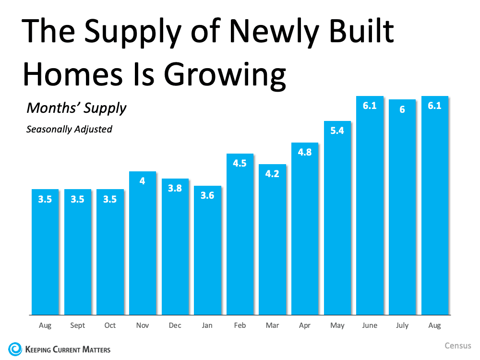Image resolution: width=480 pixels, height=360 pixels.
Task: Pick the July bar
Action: pyautogui.click(x=402, y=206)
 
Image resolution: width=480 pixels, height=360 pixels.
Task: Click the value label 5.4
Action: pyautogui.click(x=337, y=130)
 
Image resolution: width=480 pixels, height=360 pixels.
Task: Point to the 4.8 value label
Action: pyautogui.click(x=305, y=152)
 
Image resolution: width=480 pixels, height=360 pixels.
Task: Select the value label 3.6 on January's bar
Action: pyautogui.click(x=207, y=195)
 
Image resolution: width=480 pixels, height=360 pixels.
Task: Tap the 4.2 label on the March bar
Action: pyautogui.click(x=272, y=174)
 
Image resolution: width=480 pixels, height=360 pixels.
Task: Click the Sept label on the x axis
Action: pyautogui.click(x=77, y=325)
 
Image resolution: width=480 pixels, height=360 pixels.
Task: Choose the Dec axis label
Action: pyautogui.click(x=175, y=325)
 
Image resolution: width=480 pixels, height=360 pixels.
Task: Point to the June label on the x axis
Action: pyautogui.click(x=370, y=325)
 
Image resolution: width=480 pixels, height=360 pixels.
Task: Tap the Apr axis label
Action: pyautogui.click(x=305, y=325)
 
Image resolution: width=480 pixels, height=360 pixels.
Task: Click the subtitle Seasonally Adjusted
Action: pyautogui.click(x=69, y=129)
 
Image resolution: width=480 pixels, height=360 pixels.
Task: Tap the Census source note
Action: pyautogui.click(x=458, y=346)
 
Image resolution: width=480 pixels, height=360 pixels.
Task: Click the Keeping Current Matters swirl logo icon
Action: pyautogui.click(x=15, y=348)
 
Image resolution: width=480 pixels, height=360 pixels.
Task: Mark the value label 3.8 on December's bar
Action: pyautogui.click(x=175, y=188)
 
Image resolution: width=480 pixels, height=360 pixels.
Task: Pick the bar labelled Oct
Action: pyautogui.click(x=110, y=252)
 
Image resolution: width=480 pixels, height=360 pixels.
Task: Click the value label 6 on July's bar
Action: pyautogui.click(x=402, y=109)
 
